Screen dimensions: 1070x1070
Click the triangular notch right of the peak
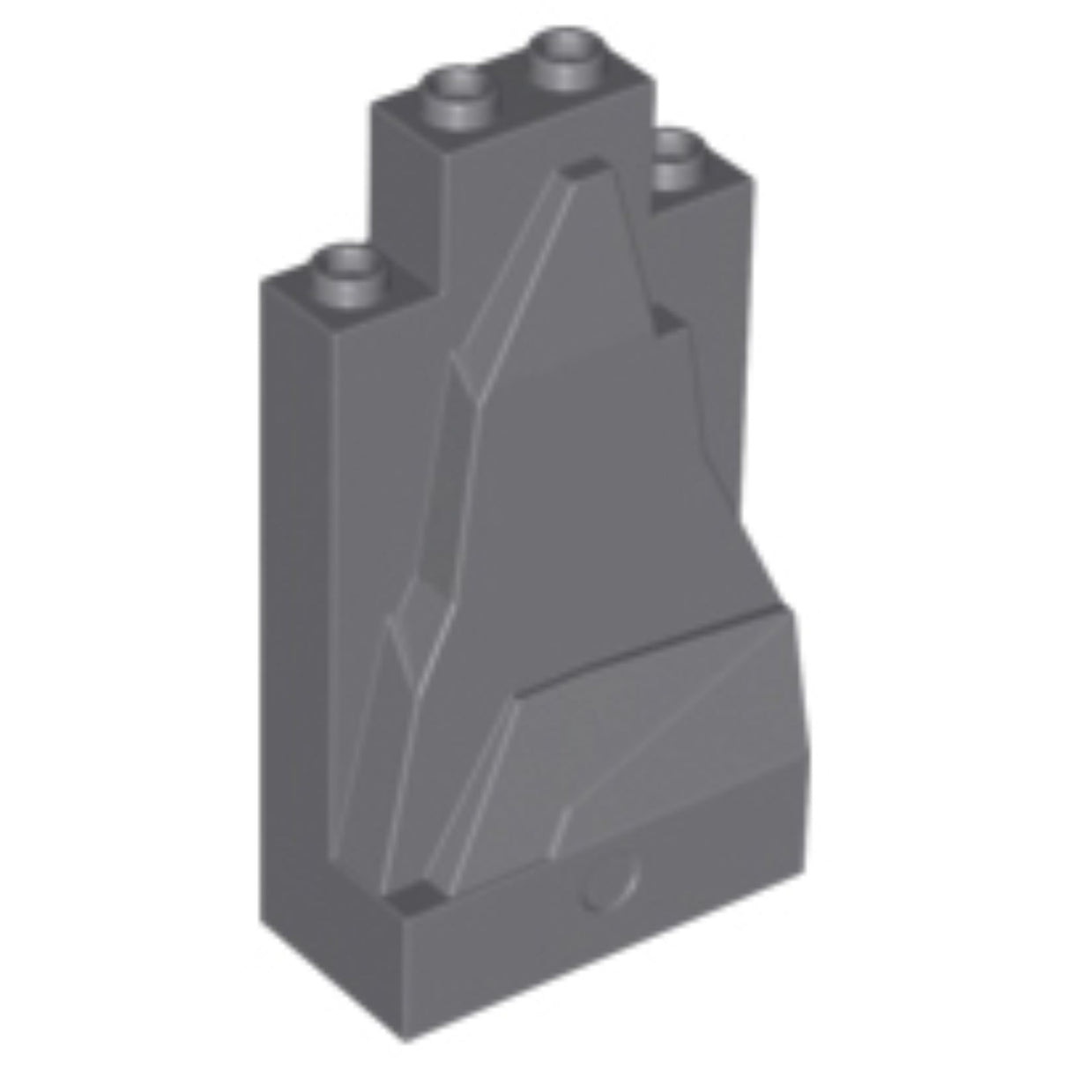tap(668, 324)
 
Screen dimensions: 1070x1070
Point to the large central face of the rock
tap(599, 494)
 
